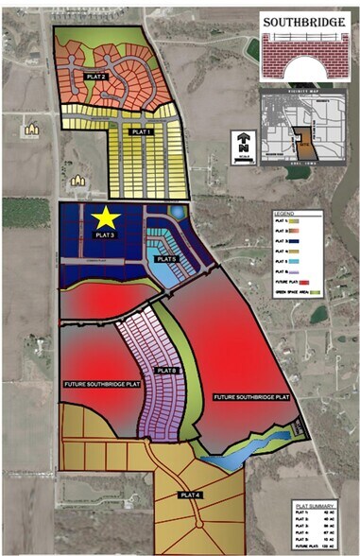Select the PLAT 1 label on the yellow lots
(142, 131)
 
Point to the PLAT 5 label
(167, 258)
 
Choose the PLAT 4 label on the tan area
(192, 494)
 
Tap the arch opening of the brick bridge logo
(299, 68)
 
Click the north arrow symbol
(244, 147)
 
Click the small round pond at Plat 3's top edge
(173, 211)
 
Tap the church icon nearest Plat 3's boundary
(81, 178)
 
